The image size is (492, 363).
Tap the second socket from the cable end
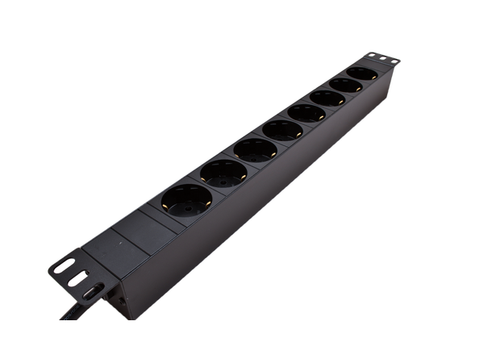tap(223, 173)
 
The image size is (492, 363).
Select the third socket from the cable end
tap(256, 150)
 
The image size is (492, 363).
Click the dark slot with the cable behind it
tap(93, 290)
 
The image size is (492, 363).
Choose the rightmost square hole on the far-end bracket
tap(394, 60)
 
